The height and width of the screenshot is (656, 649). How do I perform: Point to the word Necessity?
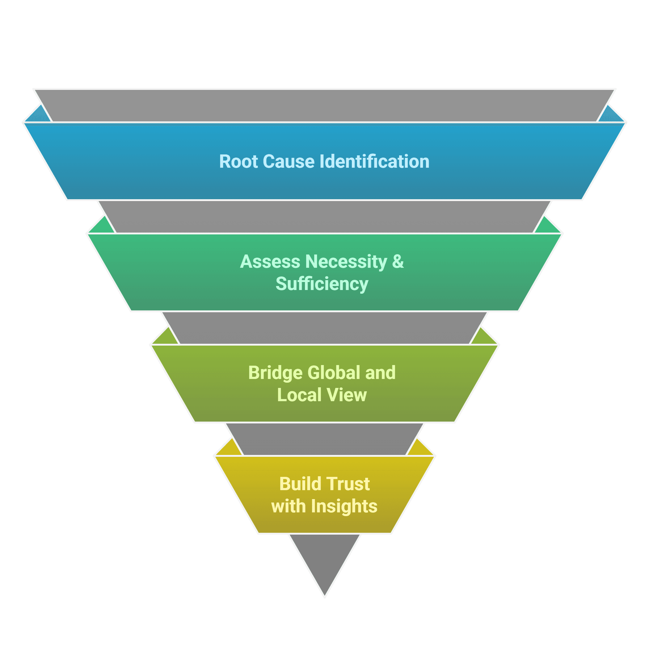(x=346, y=262)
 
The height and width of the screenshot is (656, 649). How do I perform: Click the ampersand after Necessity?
(x=398, y=262)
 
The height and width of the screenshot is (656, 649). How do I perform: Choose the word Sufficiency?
(x=322, y=284)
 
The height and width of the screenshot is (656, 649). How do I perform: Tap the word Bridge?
(x=275, y=373)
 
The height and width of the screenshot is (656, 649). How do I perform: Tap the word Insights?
(x=344, y=506)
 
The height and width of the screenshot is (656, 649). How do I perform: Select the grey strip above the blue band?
(x=324, y=105)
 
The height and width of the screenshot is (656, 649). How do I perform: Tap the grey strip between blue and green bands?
(x=324, y=217)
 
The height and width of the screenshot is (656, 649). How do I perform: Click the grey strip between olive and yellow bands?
(x=324, y=439)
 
